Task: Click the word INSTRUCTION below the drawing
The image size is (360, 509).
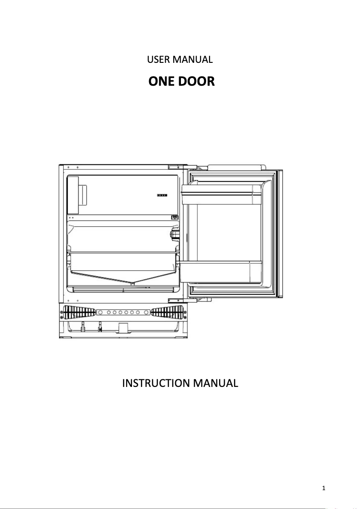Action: (156, 384)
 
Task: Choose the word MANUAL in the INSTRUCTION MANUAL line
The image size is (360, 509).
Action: (214, 384)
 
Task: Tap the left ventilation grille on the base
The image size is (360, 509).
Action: (78, 312)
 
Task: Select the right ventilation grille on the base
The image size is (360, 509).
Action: (167, 312)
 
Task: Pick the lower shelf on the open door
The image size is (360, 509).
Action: (220, 271)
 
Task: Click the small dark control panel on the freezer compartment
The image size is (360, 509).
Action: (162, 196)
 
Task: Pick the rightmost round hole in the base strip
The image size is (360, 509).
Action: (144, 312)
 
